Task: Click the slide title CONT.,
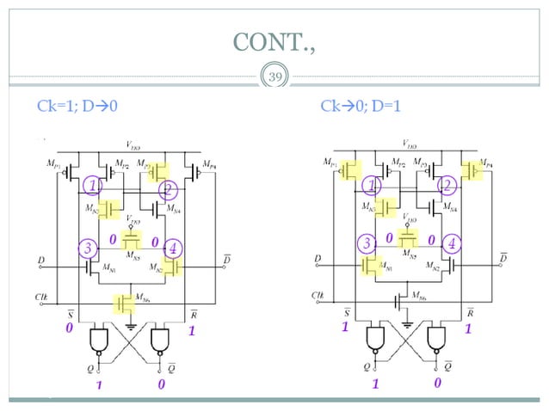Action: click(274, 40)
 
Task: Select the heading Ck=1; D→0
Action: click(77, 107)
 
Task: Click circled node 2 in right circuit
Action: click(446, 185)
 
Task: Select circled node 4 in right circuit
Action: click(451, 243)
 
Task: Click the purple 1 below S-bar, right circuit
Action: click(344, 328)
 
